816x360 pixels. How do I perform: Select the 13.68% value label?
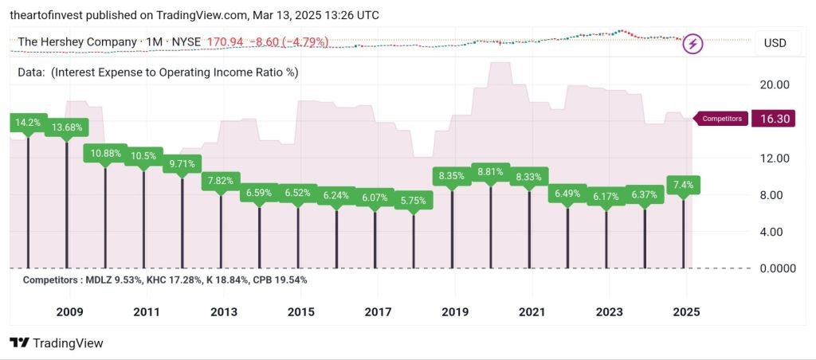coord(67,127)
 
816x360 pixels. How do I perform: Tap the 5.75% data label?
coord(414,201)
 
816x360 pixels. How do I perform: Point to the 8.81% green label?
coord(490,171)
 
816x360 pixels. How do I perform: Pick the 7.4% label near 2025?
coord(683,185)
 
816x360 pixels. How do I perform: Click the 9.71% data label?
coord(182,164)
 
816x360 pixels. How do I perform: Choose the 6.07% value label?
coord(375,198)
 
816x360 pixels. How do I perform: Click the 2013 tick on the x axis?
coord(223,311)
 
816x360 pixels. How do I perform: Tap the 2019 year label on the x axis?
coord(454,311)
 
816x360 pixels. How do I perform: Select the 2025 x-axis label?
coord(685,311)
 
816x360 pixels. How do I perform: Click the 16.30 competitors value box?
coord(775,119)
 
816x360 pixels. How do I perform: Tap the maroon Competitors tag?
coord(721,119)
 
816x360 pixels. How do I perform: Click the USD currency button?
coord(775,42)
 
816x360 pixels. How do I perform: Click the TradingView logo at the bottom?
coord(57,343)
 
